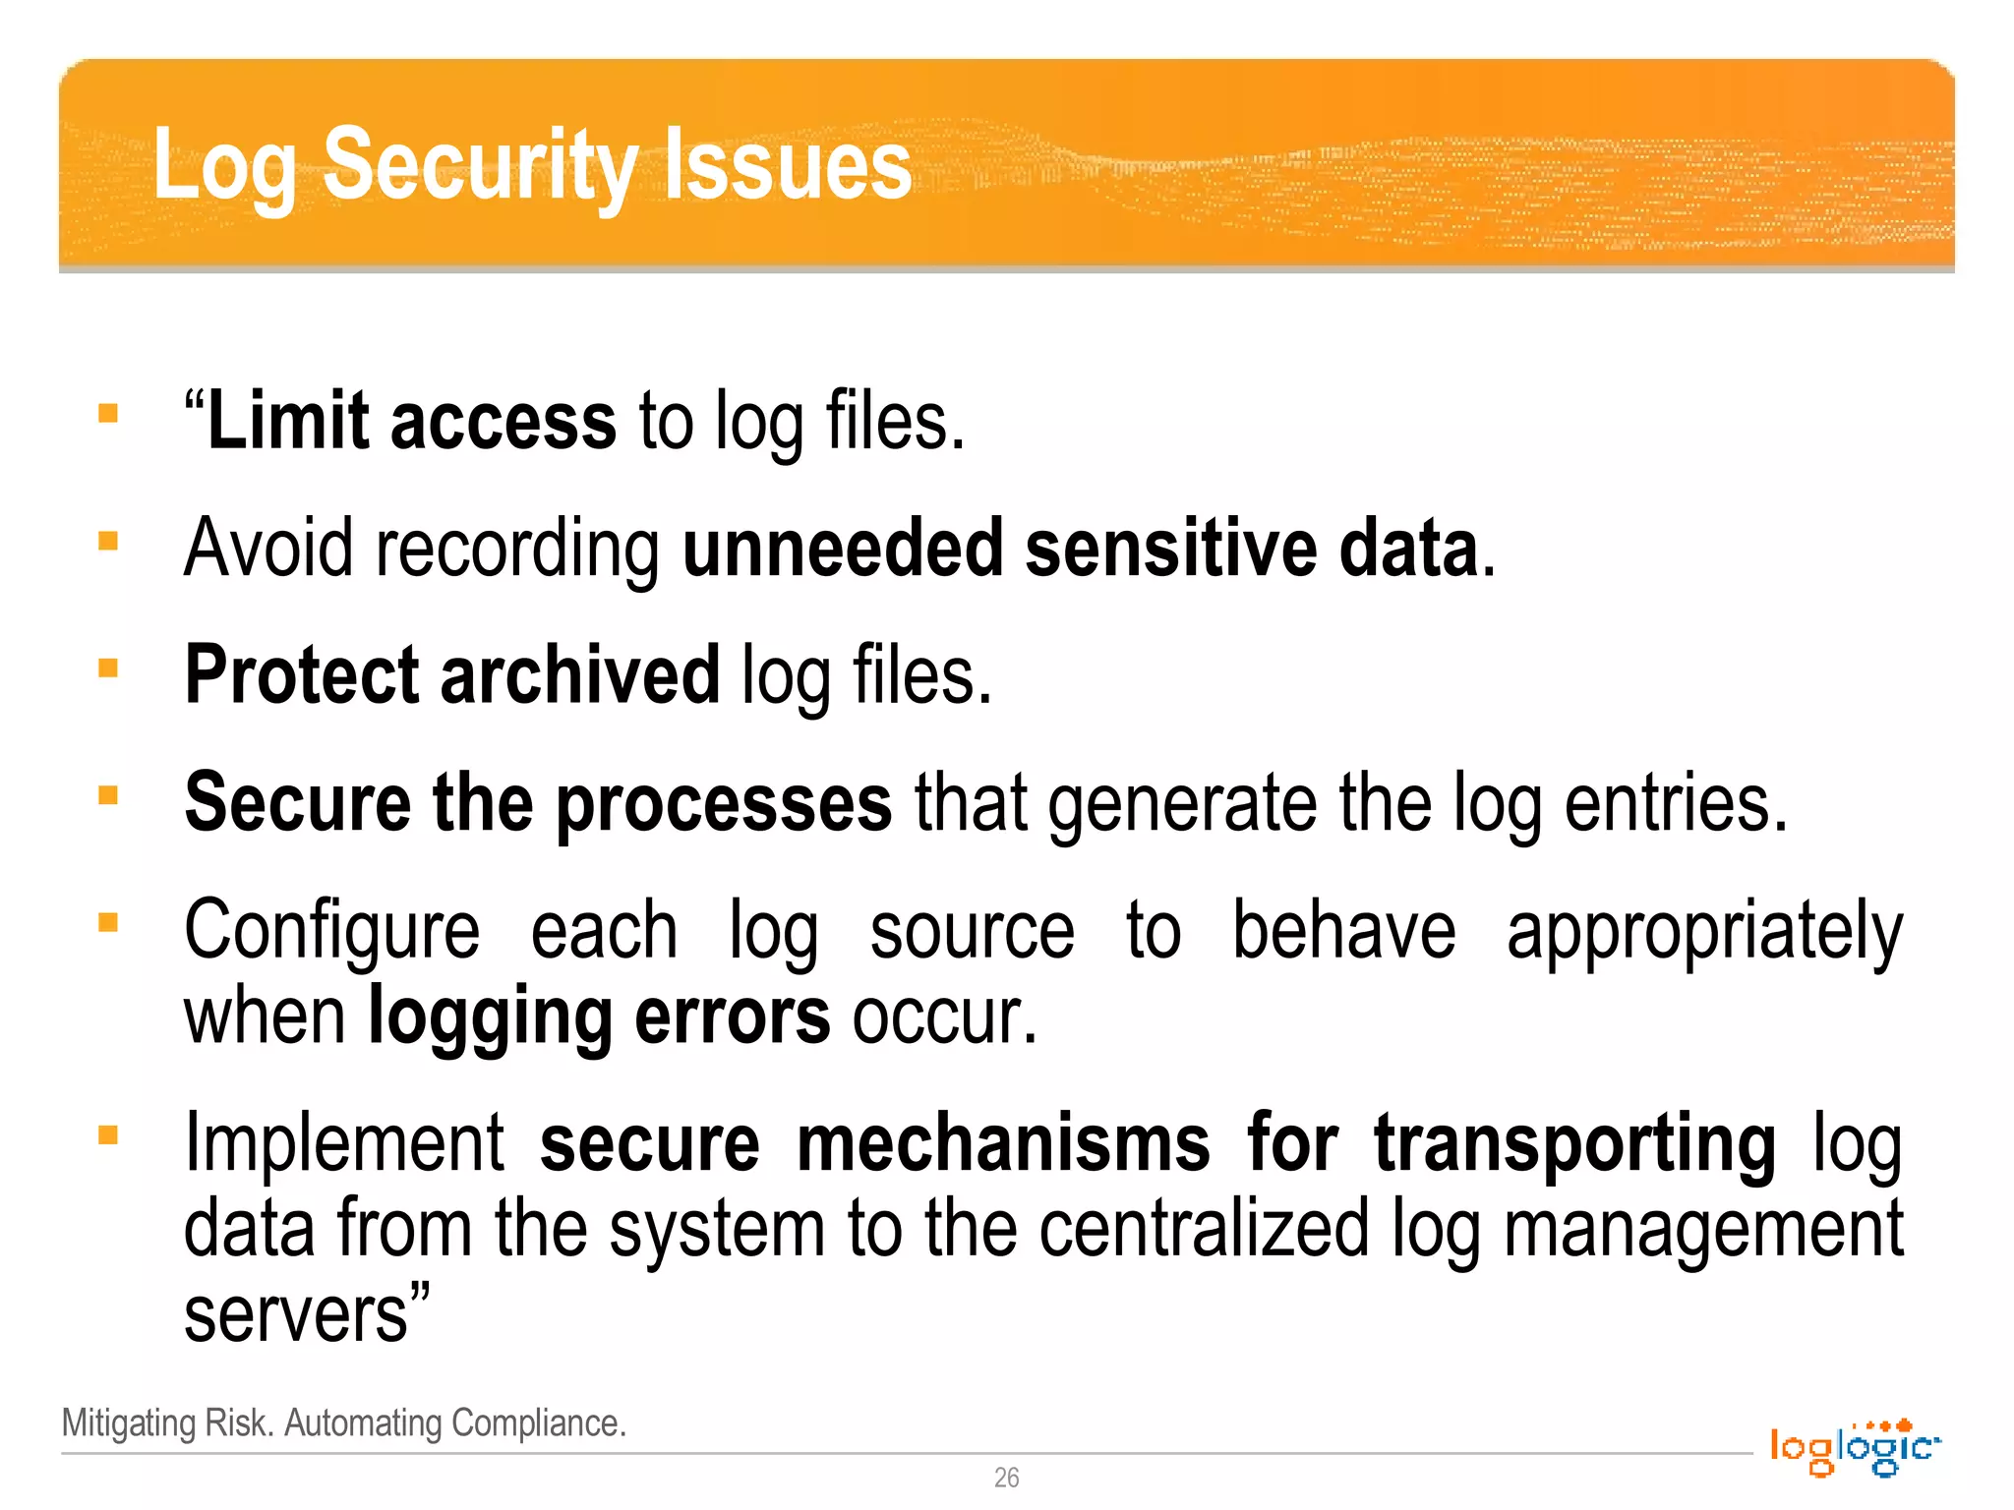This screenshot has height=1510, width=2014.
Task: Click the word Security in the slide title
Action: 481,165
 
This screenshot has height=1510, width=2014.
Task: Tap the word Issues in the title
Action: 788,165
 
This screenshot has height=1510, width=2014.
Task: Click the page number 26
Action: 1006,1478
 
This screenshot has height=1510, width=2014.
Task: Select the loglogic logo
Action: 1854,1447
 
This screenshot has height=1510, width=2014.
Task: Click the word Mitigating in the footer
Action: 129,1423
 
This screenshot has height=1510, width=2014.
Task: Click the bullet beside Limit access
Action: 108,414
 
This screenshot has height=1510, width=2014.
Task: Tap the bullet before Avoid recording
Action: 108,541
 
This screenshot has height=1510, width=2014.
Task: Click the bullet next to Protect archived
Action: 108,668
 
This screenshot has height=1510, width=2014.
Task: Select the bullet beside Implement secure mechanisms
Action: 108,1135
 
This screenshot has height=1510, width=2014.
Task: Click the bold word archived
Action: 580,675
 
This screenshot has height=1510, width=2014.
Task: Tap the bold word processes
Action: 724,803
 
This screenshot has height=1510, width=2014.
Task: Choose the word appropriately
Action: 1704,932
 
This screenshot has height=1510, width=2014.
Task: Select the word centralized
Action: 1204,1229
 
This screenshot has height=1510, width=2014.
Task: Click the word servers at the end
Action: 296,1315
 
